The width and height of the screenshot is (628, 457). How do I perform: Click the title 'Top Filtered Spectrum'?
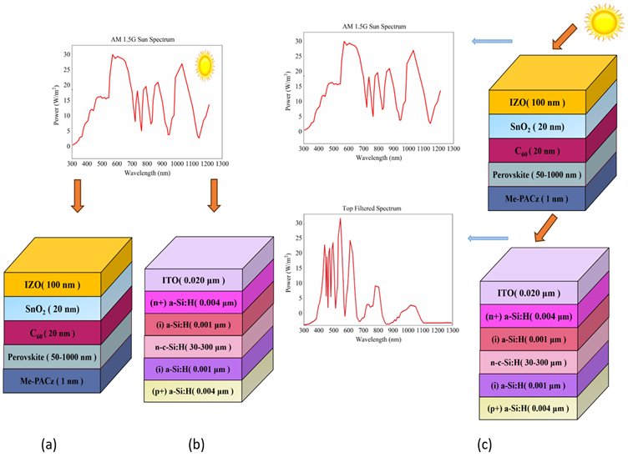tap(372, 208)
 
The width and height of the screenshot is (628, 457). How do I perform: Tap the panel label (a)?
tap(49, 444)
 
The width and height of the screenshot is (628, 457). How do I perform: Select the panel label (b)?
tap(196, 444)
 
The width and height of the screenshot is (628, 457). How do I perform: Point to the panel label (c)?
tap(484, 444)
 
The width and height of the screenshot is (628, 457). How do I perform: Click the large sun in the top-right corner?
tap(604, 23)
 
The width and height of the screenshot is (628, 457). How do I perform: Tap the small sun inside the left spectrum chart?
tap(205, 66)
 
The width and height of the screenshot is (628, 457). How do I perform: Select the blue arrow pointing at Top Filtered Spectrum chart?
tap(488, 239)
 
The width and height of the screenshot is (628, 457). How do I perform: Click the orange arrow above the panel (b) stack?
tap(214, 195)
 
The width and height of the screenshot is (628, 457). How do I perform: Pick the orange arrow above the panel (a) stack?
tap(78, 195)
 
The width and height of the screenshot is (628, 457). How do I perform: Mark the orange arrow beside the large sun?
tap(564, 37)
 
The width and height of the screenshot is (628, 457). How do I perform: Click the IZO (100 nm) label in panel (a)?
tap(53, 284)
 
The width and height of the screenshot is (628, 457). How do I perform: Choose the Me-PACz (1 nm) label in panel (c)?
tap(536, 198)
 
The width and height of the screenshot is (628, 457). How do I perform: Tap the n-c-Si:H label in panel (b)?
tap(193, 347)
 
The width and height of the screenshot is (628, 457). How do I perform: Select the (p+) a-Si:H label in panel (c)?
tap(528, 409)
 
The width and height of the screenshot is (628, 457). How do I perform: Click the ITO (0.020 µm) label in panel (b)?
tap(194, 280)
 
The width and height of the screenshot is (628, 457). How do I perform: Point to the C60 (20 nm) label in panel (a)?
tap(53, 334)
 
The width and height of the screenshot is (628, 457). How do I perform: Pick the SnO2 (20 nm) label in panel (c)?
tap(537, 127)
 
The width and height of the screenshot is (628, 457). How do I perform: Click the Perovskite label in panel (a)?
tap(52, 357)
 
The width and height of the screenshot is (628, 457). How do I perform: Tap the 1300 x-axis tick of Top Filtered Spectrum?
tap(453, 330)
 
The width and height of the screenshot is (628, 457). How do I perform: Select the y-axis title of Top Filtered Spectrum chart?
tap(288, 272)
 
